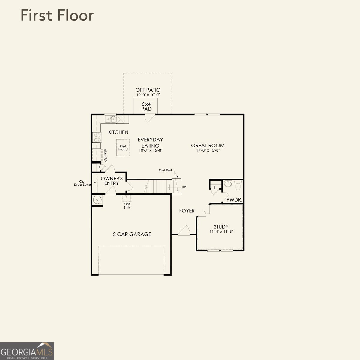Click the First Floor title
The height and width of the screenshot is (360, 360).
point(57,16)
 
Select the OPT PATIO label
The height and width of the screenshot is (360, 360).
point(148,90)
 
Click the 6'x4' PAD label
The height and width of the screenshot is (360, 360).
point(146,106)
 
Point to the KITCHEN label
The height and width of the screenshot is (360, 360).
point(118,132)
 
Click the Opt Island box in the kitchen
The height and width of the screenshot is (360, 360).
point(123,148)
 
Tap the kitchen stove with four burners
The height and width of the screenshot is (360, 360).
point(97,137)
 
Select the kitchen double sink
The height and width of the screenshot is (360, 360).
point(110,119)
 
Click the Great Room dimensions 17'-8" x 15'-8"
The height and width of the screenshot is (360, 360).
point(208,150)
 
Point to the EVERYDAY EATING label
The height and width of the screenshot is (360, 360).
point(150,142)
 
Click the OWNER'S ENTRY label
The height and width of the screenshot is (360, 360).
point(112,181)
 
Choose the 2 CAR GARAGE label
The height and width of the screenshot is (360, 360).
point(132,234)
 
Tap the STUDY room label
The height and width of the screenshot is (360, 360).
point(221,227)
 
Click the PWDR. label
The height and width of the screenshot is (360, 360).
point(234,200)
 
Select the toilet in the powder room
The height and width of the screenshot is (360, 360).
point(238,186)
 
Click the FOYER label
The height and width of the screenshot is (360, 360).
point(187,211)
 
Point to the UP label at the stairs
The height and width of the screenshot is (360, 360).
point(184,187)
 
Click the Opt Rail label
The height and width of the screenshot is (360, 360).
point(165,170)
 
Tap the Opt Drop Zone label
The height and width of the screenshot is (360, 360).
point(82,183)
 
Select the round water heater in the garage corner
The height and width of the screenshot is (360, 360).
point(97,199)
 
